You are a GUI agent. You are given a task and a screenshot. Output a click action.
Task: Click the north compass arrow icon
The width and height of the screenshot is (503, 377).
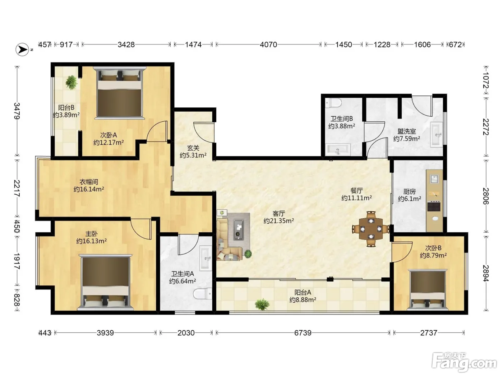tap(22, 50)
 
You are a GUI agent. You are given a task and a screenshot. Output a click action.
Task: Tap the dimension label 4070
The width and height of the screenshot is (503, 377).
tap(268, 45)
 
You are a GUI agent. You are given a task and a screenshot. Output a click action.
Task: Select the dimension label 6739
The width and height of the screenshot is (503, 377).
tap(303, 332)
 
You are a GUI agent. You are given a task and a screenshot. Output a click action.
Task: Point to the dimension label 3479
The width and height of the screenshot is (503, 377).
tap(17, 111)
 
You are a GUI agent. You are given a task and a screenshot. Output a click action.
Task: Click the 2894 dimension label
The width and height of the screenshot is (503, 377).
tap(486, 273)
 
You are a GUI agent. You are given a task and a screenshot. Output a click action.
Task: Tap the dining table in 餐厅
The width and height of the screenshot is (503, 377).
tap(371, 229)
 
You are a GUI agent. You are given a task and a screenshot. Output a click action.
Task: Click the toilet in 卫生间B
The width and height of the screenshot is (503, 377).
tap(334, 103)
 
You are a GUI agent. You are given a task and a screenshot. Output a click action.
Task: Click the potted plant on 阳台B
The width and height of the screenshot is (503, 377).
tap(71, 82)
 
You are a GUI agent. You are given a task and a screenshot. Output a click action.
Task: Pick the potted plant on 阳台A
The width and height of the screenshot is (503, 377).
tap(262, 304)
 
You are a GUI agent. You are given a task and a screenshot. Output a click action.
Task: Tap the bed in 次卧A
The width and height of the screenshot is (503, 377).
tap(120, 93)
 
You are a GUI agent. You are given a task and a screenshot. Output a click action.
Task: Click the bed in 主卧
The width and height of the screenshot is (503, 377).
tap(105, 282)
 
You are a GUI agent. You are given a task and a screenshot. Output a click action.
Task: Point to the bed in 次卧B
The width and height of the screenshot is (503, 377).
tap(428, 290)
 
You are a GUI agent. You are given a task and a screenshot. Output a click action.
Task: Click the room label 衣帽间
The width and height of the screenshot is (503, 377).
tap(89, 182)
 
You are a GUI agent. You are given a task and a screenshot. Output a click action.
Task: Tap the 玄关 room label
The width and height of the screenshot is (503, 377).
tap(193, 148)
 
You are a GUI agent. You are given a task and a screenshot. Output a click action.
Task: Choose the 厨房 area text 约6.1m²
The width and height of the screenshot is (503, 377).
tap(410, 199)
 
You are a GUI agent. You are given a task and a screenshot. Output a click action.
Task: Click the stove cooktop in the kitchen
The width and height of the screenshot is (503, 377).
tap(434, 206)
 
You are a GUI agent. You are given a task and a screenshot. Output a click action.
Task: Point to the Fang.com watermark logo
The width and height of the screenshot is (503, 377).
tap(464, 363)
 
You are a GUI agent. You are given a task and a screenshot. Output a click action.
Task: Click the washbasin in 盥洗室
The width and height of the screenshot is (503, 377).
tap(436, 135)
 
